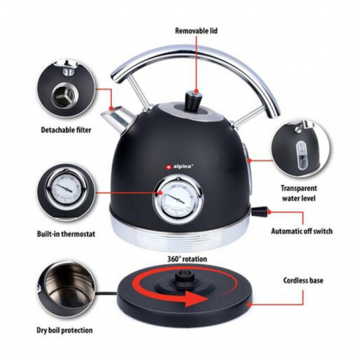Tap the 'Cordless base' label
304,279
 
